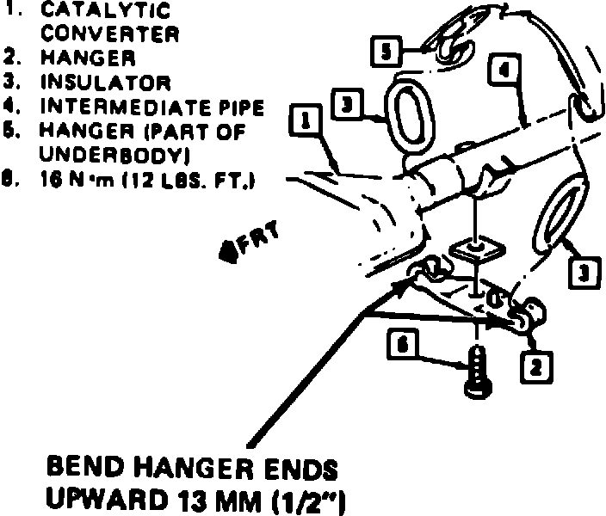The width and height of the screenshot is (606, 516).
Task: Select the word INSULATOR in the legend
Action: point(106,83)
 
